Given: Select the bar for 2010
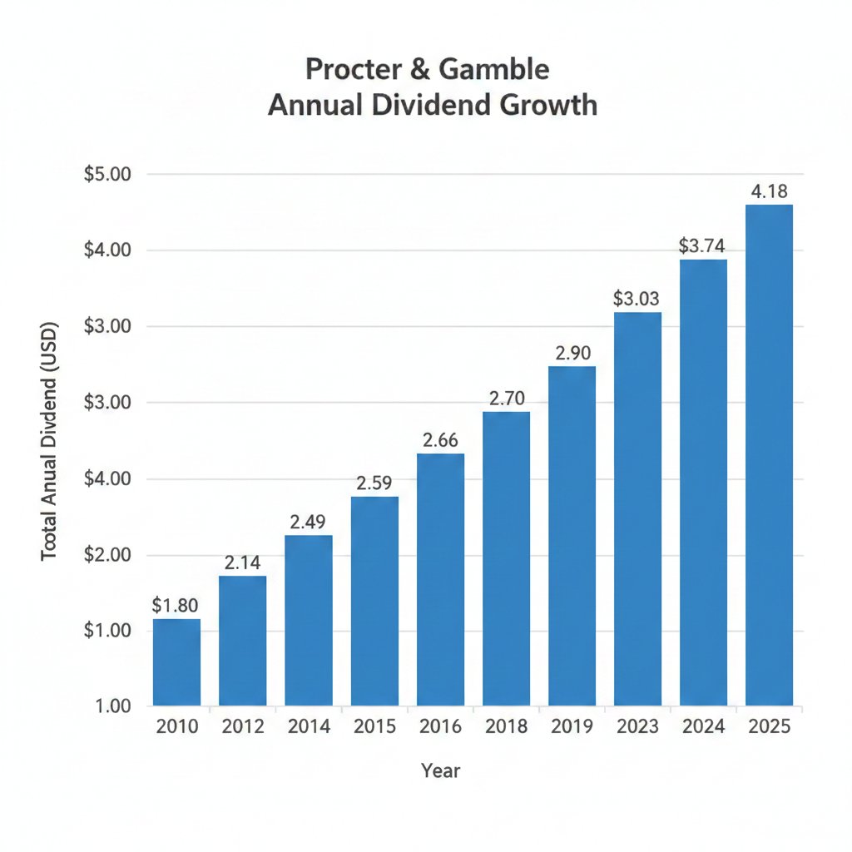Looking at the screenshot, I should [x=176, y=663].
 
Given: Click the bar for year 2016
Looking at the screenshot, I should [x=440, y=580].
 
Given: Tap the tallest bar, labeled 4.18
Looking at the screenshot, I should [x=769, y=456].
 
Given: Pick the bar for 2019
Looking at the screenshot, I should [x=572, y=537].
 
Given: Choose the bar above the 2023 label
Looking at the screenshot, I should [x=637, y=509].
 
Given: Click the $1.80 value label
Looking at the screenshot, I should [x=176, y=605].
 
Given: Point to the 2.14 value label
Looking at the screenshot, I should [x=243, y=562].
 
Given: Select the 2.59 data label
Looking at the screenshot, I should [x=374, y=483].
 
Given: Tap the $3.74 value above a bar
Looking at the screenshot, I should [x=703, y=245].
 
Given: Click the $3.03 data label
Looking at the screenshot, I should [x=637, y=298].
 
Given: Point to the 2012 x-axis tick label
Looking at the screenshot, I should [x=243, y=726].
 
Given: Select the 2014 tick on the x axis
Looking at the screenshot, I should [x=309, y=726].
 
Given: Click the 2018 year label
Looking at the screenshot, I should [x=506, y=726].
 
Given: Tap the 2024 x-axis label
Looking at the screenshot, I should [x=703, y=726].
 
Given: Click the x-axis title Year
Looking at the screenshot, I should [x=440, y=770].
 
